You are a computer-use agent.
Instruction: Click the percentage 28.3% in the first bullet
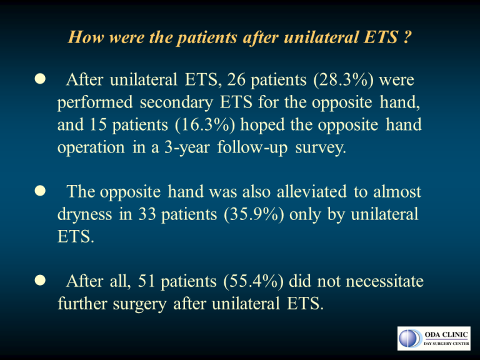(344, 80)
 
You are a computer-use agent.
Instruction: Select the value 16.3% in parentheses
(205, 125)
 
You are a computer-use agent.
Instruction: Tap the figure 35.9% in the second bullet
(254, 214)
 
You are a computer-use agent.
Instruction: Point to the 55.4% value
(254, 281)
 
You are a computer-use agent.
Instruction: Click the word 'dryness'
(85, 214)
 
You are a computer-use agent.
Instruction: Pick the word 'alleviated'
(312, 192)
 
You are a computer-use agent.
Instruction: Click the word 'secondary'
(176, 103)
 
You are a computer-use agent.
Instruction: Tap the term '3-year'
(187, 148)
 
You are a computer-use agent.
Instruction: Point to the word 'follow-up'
(252, 148)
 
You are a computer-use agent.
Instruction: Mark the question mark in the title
(406, 37)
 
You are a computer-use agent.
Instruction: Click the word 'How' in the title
(86, 37)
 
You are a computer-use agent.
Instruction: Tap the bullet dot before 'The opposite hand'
(40, 191)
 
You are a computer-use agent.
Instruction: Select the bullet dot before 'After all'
(40, 281)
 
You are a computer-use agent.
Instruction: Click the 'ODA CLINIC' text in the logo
(446, 334)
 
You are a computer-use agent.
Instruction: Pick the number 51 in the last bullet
(146, 281)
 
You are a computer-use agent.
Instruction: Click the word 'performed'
(95, 103)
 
